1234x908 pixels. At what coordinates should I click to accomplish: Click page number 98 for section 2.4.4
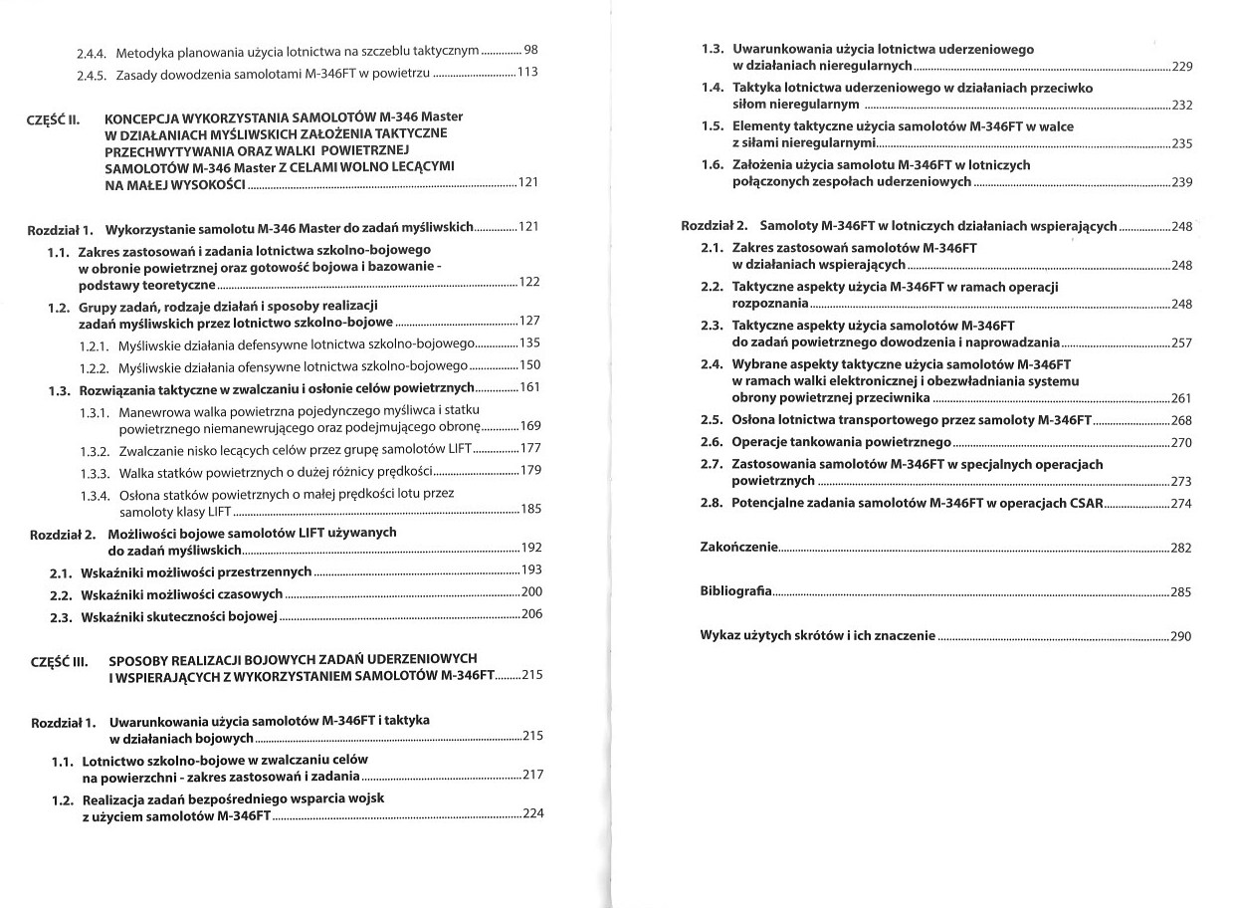click(530, 50)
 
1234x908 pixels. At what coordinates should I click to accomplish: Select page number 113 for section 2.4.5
click(527, 73)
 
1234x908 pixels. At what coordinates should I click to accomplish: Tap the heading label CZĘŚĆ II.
click(53, 120)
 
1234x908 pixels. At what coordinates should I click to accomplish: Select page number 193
click(531, 570)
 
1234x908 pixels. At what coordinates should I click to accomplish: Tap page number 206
click(531, 614)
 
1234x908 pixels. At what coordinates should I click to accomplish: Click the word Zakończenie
click(739, 548)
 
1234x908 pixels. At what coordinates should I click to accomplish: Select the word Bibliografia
click(735, 592)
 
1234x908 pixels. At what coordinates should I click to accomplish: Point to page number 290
click(1181, 637)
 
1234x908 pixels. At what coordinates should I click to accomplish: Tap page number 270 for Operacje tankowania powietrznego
click(1181, 443)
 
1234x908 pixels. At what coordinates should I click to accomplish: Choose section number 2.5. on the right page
click(712, 420)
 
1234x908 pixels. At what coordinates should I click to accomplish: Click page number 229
click(1181, 68)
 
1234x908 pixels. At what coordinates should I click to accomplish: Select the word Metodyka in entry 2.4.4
click(142, 51)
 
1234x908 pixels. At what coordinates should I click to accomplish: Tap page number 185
click(531, 510)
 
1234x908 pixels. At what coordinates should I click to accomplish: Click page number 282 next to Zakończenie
click(1181, 549)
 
